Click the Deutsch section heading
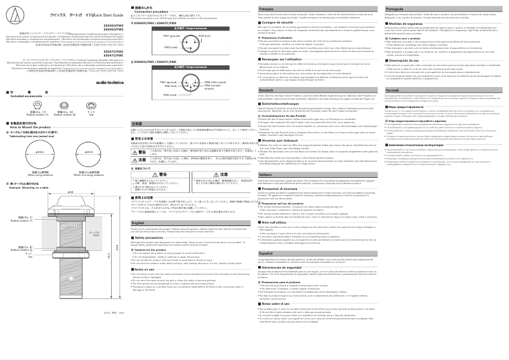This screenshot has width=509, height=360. (x=267, y=90)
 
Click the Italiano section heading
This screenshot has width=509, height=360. (x=266, y=174)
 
